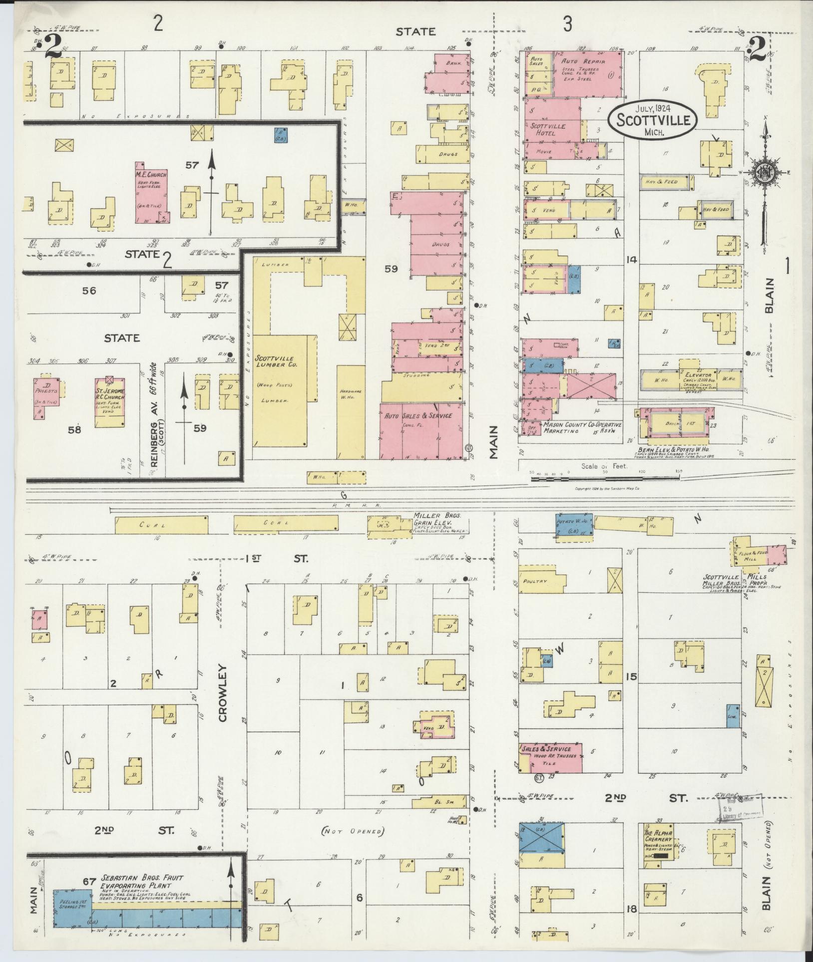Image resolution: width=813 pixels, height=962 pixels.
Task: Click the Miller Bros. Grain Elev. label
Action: click(432, 519)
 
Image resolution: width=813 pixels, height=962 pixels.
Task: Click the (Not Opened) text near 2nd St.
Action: click(354, 832)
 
